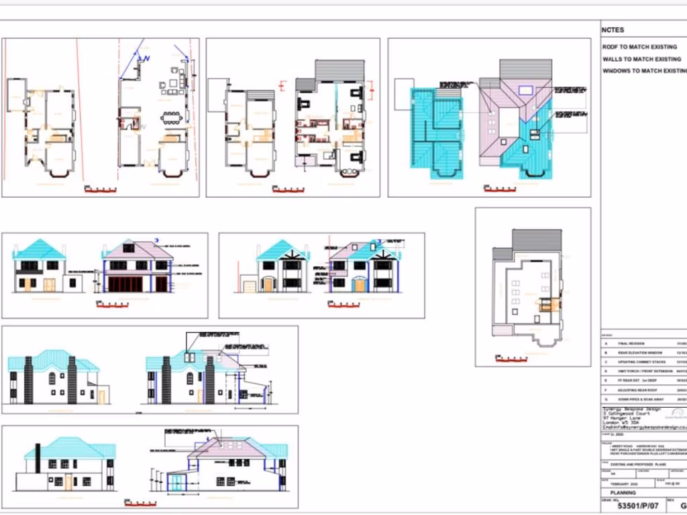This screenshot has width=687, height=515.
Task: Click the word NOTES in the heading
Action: [x=613, y=30]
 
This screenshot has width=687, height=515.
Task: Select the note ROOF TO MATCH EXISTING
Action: [x=639, y=48]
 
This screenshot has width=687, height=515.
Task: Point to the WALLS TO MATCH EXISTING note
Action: [x=641, y=59]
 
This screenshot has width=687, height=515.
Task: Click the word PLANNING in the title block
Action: [x=623, y=493]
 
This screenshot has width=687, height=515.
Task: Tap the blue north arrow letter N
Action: [x=148, y=59]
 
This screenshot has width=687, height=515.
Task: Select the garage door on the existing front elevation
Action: [x=250, y=287]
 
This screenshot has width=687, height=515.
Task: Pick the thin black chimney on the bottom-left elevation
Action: [x=38, y=457]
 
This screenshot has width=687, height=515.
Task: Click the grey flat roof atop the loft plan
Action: [x=537, y=240]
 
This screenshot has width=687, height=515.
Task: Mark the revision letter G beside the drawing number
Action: [x=683, y=506]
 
